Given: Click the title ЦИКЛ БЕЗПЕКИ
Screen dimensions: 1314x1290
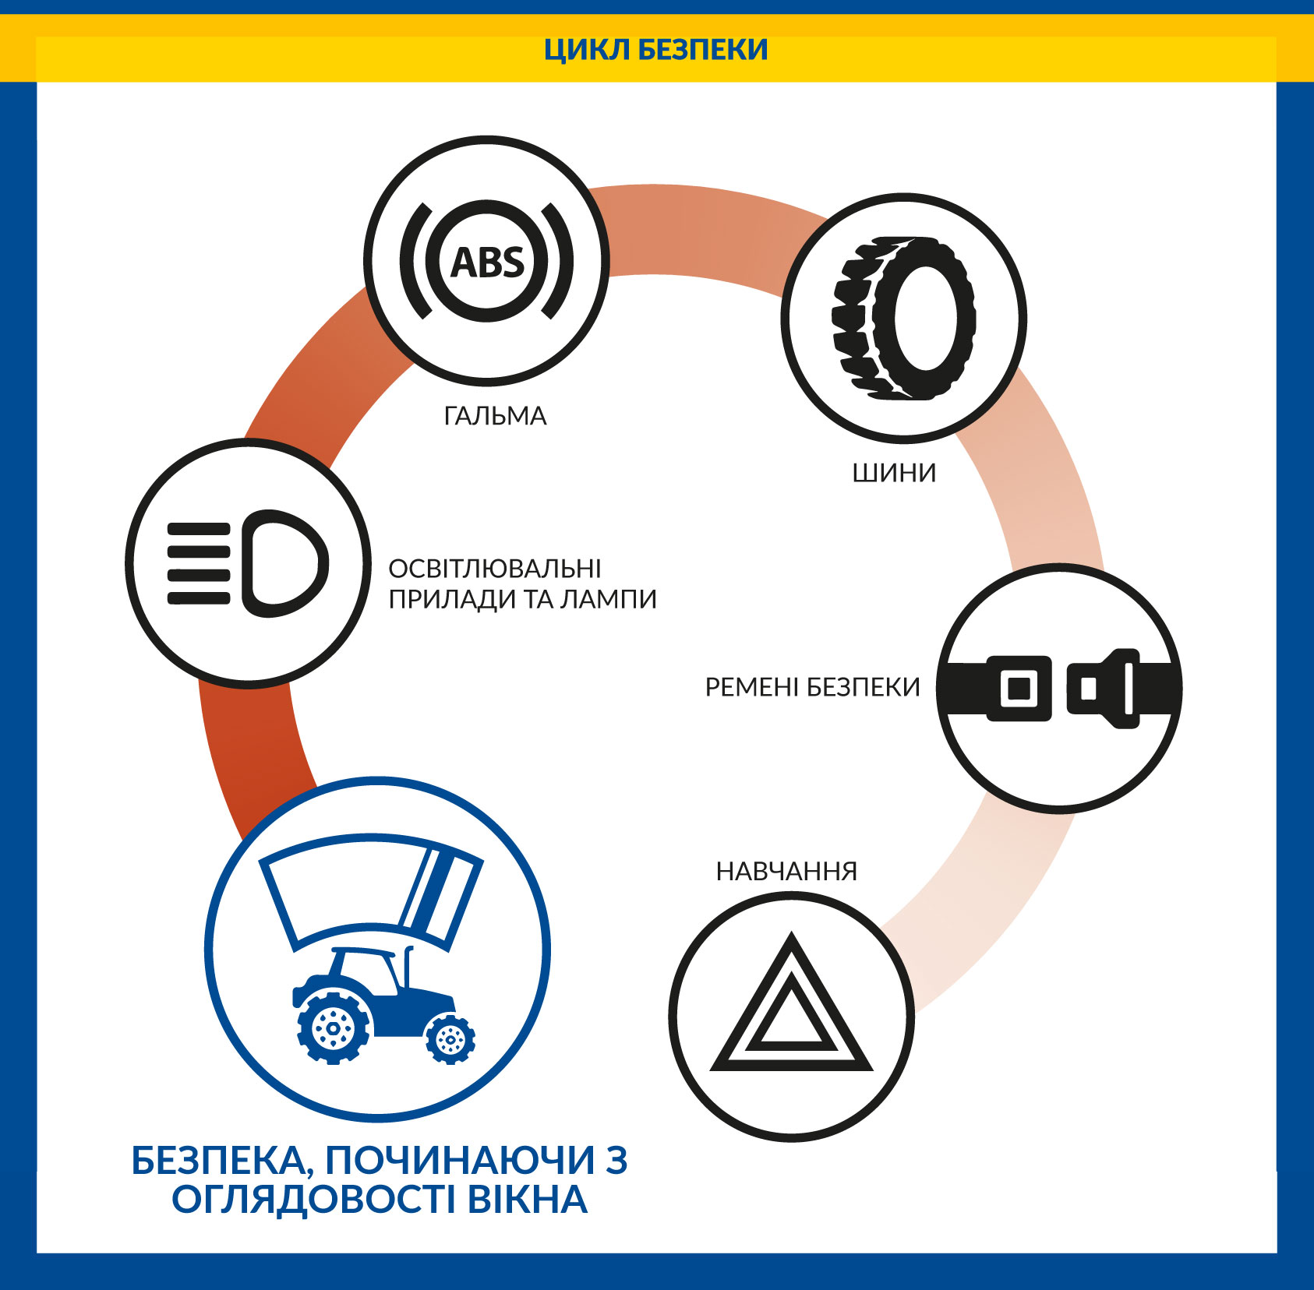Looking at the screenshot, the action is [x=655, y=50].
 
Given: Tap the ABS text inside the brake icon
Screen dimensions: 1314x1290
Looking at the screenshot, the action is [x=488, y=263].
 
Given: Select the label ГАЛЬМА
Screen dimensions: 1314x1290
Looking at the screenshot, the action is [x=495, y=416].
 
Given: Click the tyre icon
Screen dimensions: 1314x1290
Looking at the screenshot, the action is [x=904, y=318].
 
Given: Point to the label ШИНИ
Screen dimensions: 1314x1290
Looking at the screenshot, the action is [x=894, y=473].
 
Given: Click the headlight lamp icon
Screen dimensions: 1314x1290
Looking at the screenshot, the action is [x=248, y=563].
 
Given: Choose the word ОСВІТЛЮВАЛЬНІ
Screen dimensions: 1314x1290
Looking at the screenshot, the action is [x=495, y=569].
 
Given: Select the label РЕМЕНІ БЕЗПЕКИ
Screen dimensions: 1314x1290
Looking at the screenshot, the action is [x=812, y=687].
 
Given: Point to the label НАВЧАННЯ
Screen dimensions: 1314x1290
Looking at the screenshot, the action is [x=786, y=871].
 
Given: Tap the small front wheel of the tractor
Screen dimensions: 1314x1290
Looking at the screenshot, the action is [x=450, y=1038].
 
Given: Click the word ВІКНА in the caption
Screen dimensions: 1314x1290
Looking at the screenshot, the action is [x=527, y=1200].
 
